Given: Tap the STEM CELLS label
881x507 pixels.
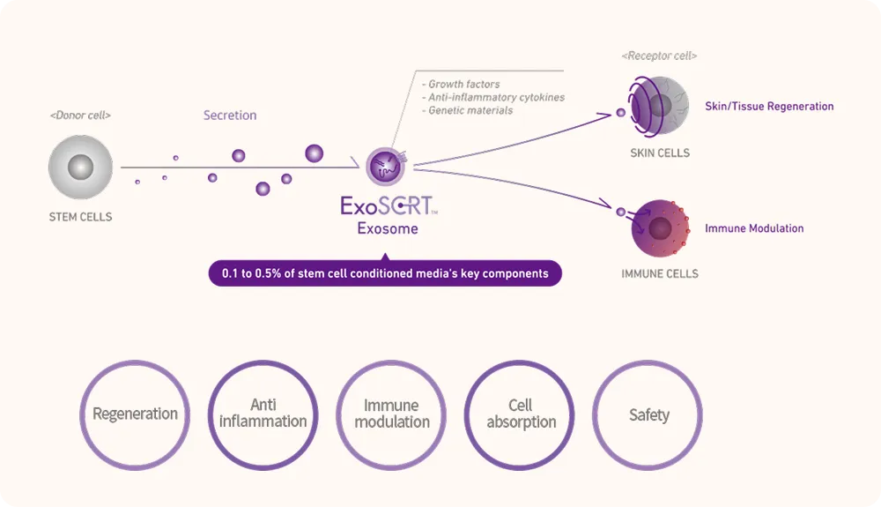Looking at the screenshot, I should click(x=80, y=217).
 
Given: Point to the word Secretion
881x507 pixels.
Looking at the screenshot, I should click(x=230, y=116).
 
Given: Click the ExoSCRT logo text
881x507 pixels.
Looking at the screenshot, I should click(x=388, y=206).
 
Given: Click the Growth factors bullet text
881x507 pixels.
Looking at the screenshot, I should click(x=463, y=85).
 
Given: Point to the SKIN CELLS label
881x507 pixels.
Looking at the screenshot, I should click(x=660, y=153).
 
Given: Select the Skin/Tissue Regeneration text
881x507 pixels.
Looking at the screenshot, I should click(x=769, y=107).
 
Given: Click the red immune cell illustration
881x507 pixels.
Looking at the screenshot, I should click(x=660, y=228).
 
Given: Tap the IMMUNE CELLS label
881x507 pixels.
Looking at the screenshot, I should click(x=660, y=274).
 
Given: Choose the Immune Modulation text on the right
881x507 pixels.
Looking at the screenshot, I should click(x=754, y=228).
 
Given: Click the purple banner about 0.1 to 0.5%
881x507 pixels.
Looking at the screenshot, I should click(x=385, y=273).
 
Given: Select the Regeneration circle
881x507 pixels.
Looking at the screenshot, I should click(x=135, y=414).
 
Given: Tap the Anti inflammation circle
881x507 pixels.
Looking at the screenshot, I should click(x=263, y=414).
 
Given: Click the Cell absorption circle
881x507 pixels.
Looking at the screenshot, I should click(x=521, y=414).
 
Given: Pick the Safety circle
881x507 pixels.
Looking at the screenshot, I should click(x=648, y=414).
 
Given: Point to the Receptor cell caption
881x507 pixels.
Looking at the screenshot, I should click(x=659, y=56).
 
